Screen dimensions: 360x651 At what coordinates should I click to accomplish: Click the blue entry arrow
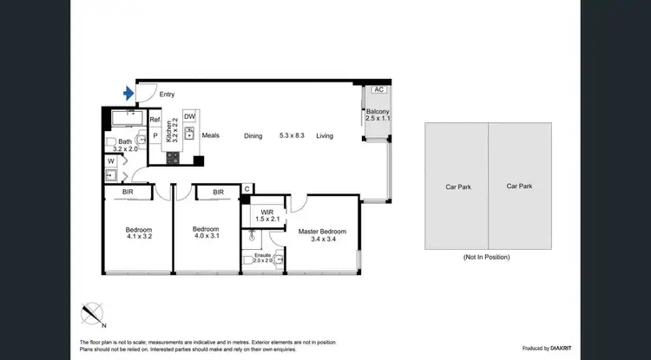tap(129, 92)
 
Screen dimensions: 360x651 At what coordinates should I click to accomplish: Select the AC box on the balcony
tap(378, 89)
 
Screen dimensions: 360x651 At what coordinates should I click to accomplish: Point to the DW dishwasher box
tap(189, 117)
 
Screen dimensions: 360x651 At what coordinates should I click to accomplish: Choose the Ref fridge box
tap(155, 121)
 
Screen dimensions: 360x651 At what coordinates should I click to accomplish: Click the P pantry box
tap(155, 135)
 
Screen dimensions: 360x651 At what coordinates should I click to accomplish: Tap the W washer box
tap(111, 160)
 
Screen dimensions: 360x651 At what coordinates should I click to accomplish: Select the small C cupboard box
tap(247, 189)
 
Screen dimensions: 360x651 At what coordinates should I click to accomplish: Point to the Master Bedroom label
tap(322, 236)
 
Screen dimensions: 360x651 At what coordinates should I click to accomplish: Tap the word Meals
tap(212, 135)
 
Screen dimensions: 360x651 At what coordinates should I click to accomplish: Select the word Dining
tap(253, 135)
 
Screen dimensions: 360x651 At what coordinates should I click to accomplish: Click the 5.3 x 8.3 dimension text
tap(291, 135)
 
